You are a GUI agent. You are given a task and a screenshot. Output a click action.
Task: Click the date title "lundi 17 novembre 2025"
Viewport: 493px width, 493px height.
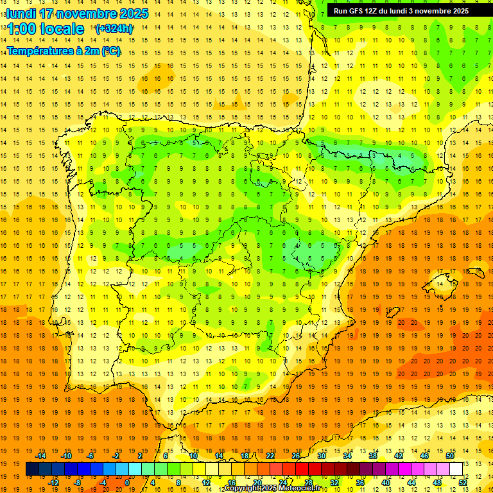click(77, 13)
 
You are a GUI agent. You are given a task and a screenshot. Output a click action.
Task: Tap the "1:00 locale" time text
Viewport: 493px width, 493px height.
click(46, 29)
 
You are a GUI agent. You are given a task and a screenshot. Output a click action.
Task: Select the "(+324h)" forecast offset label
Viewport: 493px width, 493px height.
click(114, 29)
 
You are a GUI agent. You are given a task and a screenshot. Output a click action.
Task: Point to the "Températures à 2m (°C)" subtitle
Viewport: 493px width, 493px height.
click(64, 51)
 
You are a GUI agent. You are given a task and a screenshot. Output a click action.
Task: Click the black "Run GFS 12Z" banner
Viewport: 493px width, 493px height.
click(401, 11)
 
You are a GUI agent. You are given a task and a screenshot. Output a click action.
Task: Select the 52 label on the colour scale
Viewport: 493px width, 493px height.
click(463, 483)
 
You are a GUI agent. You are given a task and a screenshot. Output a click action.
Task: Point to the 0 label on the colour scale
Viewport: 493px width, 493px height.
click(127, 483)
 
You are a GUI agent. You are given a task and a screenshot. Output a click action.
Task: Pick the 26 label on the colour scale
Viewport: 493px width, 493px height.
click(296, 456)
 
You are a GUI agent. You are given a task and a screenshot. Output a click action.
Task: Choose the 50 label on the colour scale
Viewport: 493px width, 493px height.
click(450, 456)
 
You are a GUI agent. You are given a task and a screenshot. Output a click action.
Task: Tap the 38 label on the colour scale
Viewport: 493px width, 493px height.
click(373, 456)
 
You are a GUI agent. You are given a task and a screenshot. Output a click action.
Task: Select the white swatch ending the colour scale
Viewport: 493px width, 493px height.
click(456, 469)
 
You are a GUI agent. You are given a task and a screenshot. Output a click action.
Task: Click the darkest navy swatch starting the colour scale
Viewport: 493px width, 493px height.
click(32, 469)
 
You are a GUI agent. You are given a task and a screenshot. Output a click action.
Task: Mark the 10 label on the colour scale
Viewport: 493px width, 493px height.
click(193, 456)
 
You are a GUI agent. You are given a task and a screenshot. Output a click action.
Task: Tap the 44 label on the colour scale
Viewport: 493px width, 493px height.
click(411, 483)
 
